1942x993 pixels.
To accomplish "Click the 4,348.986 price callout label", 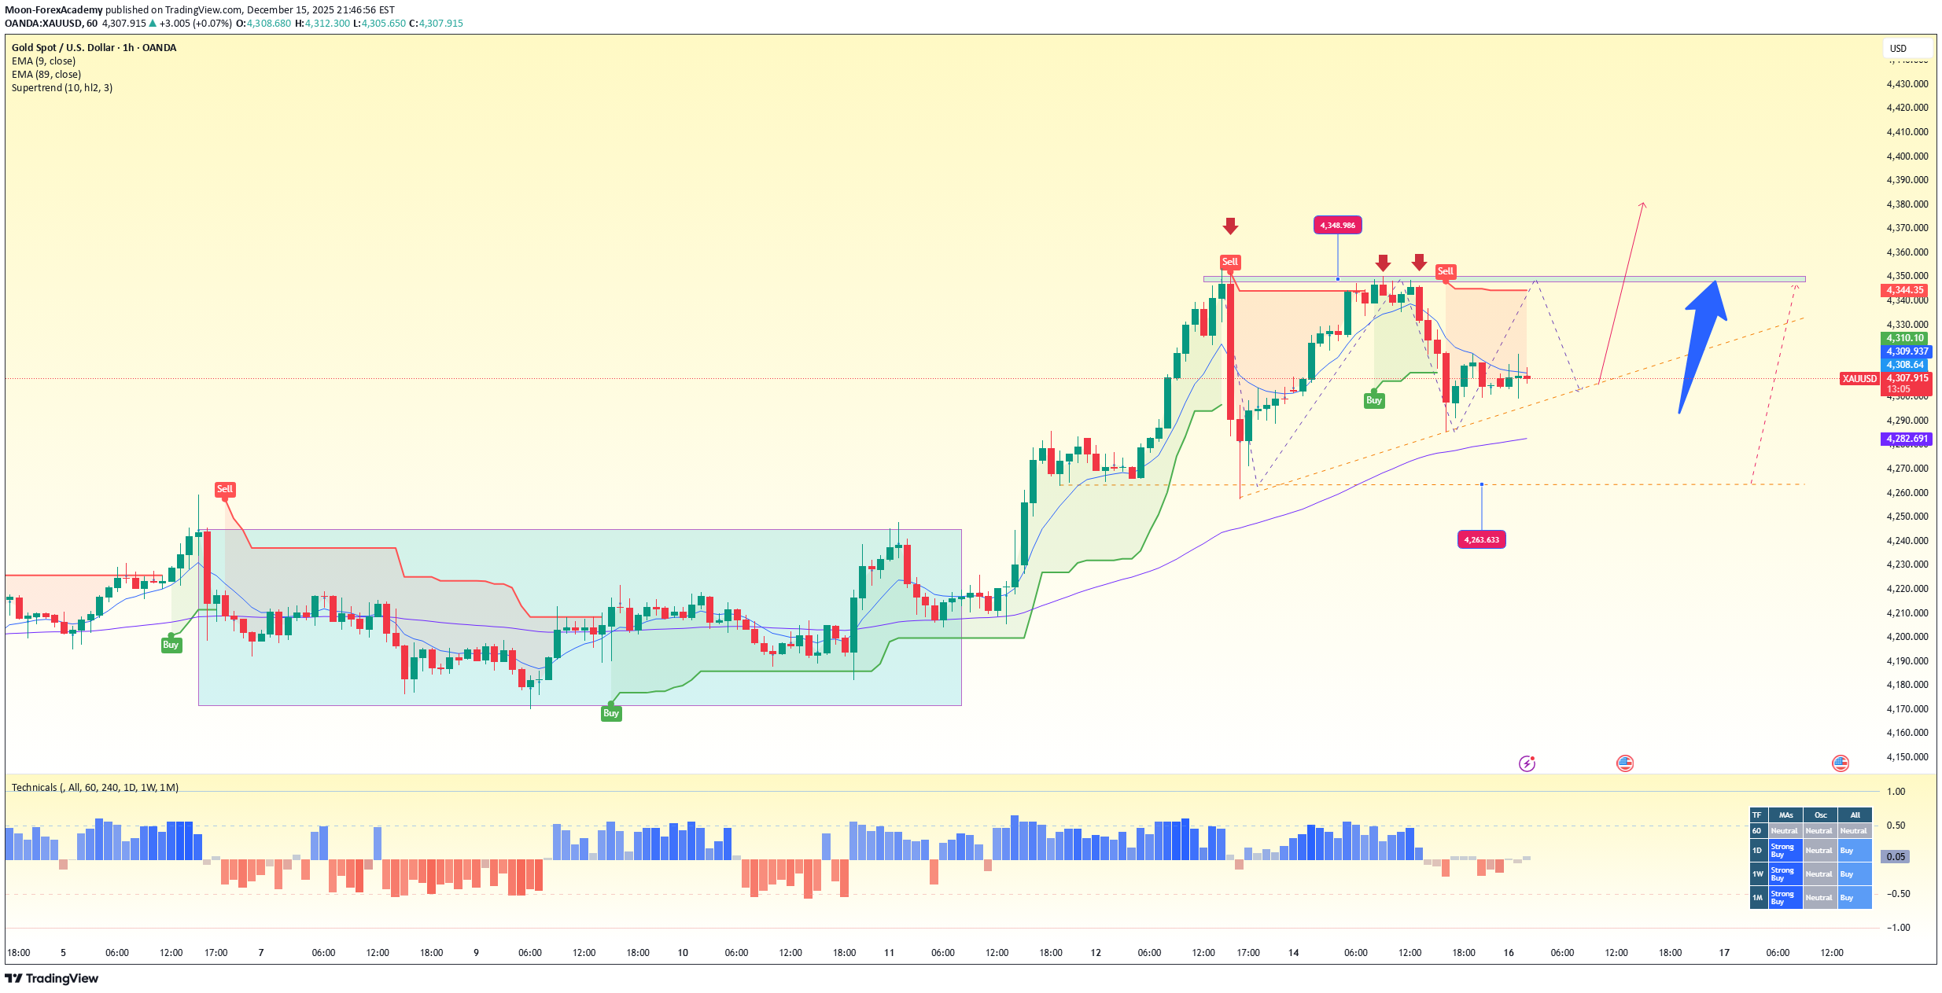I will [x=1337, y=226].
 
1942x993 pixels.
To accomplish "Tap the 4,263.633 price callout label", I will [x=1481, y=539].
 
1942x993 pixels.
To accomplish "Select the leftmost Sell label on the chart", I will [x=225, y=489].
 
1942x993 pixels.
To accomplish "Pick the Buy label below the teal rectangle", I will [x=611, y=713].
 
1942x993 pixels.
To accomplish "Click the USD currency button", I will [x=1899, y=49].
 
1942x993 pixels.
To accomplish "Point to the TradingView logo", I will [x=52, y=978].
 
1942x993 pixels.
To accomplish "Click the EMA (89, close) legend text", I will [x=46, y=75].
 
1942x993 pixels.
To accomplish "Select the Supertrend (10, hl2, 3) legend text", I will [x=62, y=88].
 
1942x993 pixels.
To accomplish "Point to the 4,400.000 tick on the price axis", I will [x=1907, y=156].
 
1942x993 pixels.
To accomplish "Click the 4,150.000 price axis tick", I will [x=1907, y=757].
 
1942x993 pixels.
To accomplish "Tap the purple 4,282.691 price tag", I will [x=1907, y=439].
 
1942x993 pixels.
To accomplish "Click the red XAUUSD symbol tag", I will [x=1859, y=379].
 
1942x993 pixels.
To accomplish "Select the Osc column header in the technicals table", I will [x=1820, y=815].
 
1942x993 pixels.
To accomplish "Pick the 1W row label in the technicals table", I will [x=1758, y=873].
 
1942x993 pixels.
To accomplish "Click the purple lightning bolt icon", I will [x=1527, y=763].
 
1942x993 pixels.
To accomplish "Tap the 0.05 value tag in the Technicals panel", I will [x=1896, y=857].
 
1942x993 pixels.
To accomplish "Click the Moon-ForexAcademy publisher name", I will [x=53, y=10].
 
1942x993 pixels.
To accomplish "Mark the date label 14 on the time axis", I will [x=1293, y=953].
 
